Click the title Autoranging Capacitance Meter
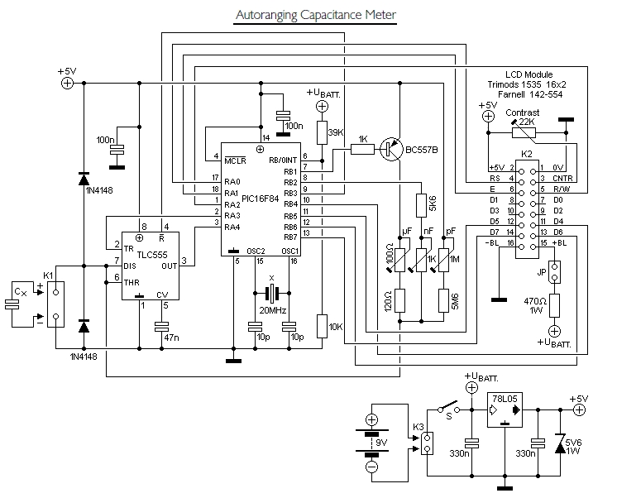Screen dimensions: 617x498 point(316,15)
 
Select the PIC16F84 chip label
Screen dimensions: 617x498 point(260,199)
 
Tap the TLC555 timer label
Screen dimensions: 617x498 point(152,255)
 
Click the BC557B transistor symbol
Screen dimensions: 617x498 point(391,149)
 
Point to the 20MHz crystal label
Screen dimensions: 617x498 point(273,310)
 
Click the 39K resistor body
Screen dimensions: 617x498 point(322,133)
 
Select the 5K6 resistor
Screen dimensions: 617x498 point(422,205)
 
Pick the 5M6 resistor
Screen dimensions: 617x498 point(443,300)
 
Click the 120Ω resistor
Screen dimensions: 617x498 point(399,300)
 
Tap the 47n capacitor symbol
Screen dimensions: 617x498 point(161,327)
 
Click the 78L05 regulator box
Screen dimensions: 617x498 point(505,409)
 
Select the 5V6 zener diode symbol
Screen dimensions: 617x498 point(560,443)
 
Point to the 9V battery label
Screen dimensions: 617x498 point(381,443)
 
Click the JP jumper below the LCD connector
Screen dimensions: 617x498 point(554,271)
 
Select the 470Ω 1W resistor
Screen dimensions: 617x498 point(554,305)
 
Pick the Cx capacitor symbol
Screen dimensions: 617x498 point(12,304)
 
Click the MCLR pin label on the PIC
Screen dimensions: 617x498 point(235,160)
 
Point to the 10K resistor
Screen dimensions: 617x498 point(322,327)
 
